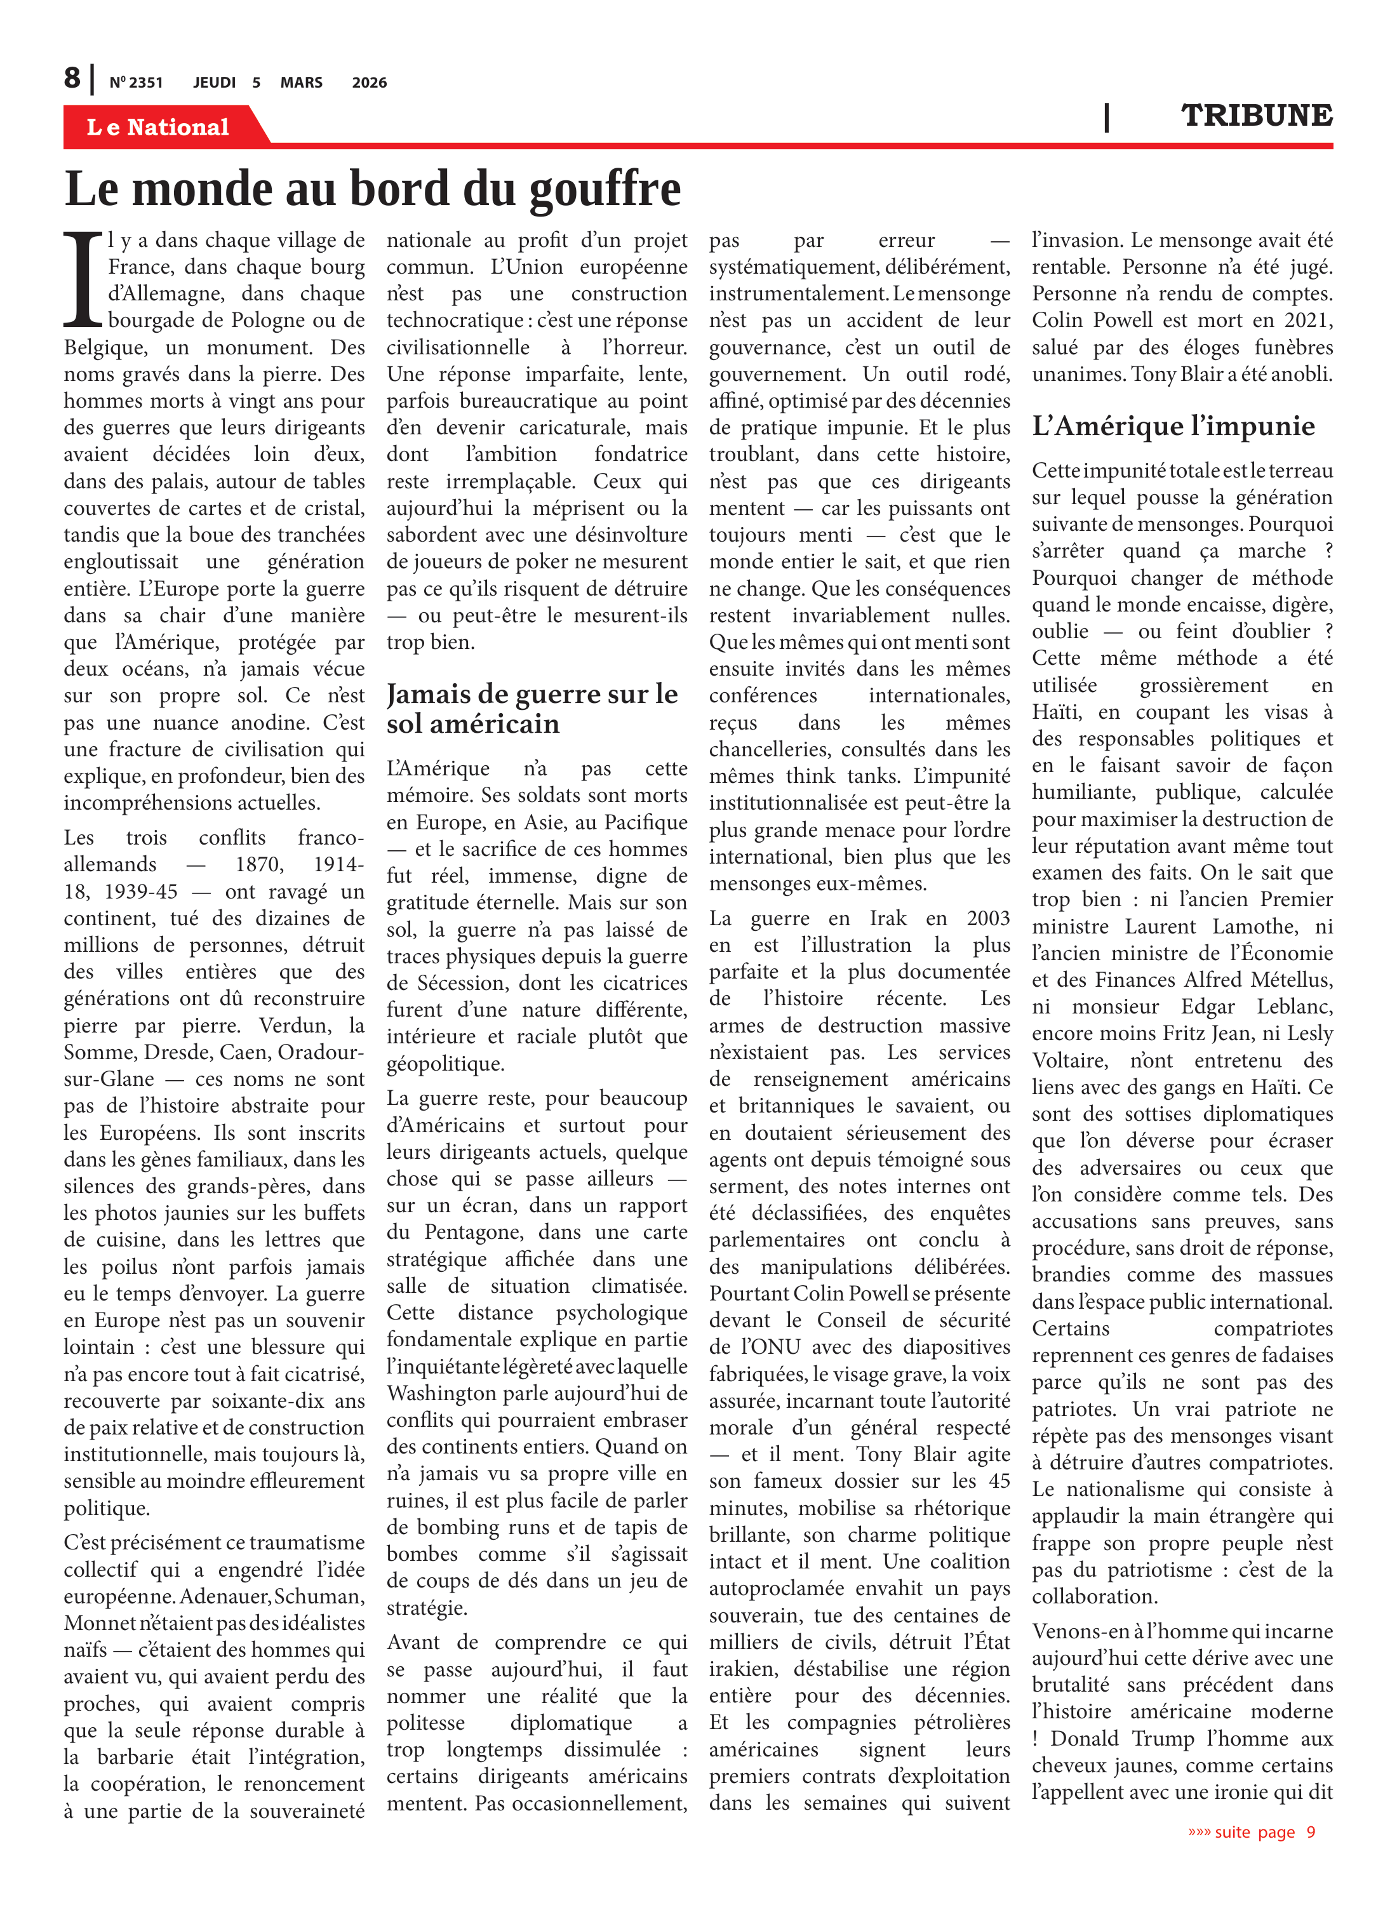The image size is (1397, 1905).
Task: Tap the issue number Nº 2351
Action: click(x=135, y=83)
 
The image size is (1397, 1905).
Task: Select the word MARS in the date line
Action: click(x=301, y=83)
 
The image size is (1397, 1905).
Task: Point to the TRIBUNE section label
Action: click(x=1256, y=116)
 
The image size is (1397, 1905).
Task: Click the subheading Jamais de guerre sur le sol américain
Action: click(x=533, y=709)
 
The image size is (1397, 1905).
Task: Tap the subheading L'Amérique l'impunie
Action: click(x=1173, y=426)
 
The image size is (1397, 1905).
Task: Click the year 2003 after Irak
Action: click(x=987, y=918)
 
